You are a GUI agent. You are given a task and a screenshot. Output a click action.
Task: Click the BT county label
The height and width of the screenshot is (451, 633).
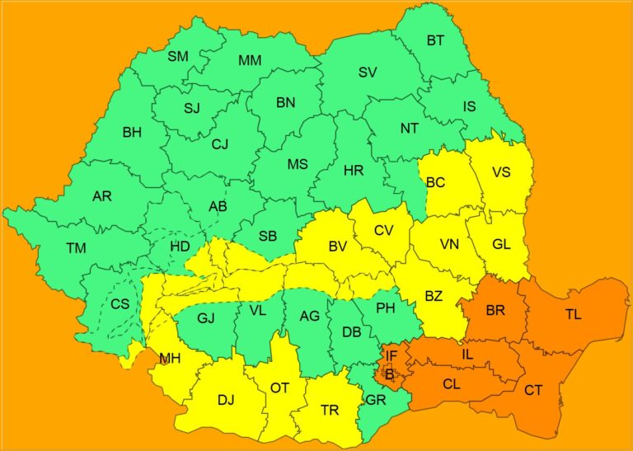point(435,40)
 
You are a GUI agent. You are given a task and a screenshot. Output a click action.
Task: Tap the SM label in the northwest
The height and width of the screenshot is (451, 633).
point(178,56)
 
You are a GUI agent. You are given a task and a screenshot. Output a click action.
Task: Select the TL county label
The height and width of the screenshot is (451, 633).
point(573,314)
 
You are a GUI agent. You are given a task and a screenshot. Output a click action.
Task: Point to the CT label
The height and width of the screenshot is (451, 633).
point(533,389)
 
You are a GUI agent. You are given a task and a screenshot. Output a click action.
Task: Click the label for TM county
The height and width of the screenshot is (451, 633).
point(77,247)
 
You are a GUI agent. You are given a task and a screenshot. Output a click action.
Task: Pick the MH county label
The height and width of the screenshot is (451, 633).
point(171,358)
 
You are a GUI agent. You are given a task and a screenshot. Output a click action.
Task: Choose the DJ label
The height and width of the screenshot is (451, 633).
point(226,400)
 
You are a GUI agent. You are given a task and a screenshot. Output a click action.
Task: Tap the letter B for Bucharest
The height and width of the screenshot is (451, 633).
point(389,374)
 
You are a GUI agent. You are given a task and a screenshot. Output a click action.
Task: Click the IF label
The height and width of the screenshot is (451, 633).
point(392,356)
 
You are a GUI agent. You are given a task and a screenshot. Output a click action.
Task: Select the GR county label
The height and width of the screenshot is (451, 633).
point(375,400)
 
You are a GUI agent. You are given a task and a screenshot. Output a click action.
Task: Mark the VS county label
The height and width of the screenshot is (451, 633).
point(501,172)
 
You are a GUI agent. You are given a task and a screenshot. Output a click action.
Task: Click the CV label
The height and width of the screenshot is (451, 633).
point(384,230)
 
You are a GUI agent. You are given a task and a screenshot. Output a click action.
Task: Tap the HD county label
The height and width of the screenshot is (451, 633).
point(180,247)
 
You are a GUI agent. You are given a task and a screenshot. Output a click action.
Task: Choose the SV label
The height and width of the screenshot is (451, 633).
point(368,72)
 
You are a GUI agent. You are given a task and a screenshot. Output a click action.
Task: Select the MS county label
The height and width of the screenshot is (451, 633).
point(298,164)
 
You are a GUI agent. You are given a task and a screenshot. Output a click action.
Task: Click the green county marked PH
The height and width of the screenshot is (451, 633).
point(385,308)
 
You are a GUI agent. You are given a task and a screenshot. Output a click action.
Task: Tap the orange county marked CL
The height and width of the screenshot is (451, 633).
point(451,383)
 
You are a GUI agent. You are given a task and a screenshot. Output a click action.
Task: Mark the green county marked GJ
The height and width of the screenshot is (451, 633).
point(206,317)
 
